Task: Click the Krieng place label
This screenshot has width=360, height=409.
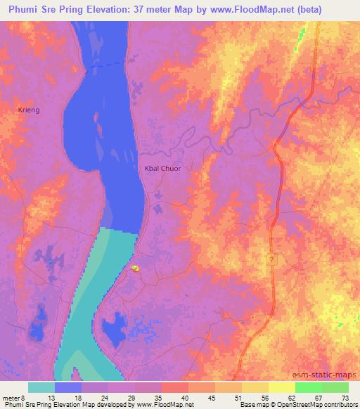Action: pos(29,110)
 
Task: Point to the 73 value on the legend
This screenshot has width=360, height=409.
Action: pos(345,397)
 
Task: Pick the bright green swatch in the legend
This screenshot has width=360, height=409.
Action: pos(308,387)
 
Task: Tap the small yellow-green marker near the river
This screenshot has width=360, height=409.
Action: pos(136,268)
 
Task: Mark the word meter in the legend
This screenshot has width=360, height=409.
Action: pos(10,397)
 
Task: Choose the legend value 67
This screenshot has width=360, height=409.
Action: pos(318,397)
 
